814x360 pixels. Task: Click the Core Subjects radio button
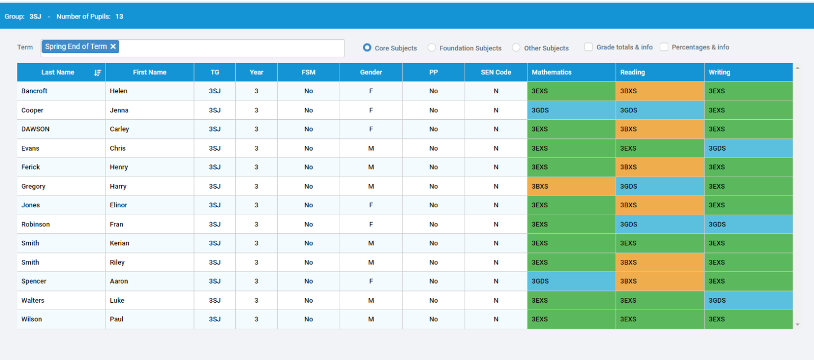click(367, 48)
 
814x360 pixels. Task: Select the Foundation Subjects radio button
click(432, 48)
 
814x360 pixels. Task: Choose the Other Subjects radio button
click(516, 48)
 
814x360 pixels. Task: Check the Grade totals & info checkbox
click(588, 47)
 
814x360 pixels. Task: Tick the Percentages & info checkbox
click(664, 47)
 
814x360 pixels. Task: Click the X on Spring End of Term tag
click(113, 47)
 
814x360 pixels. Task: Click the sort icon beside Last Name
click(98, 73)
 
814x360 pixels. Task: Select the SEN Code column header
click(496, 72)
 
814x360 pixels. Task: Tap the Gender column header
click(371, 72)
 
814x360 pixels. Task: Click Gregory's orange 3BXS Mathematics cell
click(571, 186)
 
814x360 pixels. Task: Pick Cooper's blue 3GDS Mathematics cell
click(571, 110)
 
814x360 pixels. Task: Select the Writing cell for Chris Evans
click(748, 148)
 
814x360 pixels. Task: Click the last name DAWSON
click(36, 129)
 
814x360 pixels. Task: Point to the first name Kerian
click(119, 243)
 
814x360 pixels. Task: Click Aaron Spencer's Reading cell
click(659, 281)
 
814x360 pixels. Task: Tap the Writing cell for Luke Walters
click(748, 300)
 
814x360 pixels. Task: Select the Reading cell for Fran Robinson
click(659, 224)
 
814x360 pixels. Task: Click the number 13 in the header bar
click(119, 16)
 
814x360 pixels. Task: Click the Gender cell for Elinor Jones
click(371, 205)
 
